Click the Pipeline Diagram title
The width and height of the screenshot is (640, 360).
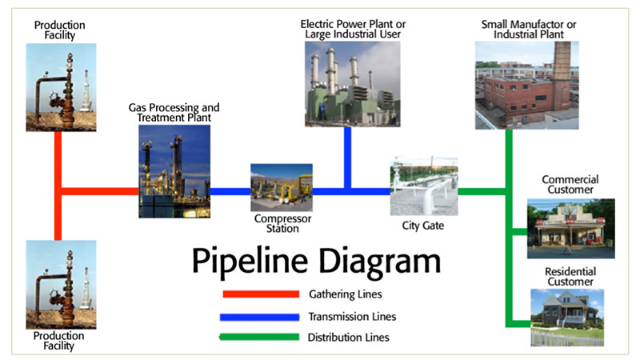(x=316, y=262)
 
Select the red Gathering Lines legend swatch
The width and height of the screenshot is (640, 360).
(x=261, y=294)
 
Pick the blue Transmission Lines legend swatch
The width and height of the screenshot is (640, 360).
(x=259, y=317)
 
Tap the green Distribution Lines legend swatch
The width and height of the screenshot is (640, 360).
(x=259, y=337)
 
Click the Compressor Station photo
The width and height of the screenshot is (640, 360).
(x=282, y=187)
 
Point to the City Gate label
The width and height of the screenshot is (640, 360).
(x=423, y=226)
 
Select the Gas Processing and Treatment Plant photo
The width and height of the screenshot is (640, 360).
(x=174, y=171)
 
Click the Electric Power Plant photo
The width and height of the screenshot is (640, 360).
(x=353, y=84)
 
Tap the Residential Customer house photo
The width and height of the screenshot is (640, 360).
(x=567, y=318)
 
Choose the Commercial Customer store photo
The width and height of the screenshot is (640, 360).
(x=571, y=229)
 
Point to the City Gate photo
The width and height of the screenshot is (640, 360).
(x=424, y=186)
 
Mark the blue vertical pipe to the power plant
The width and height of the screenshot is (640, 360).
(x=348, y=158)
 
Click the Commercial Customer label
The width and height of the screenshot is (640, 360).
(x=570, y=185)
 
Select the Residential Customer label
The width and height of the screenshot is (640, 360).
(x=570, y=277)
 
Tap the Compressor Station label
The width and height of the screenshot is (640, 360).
(x=282, y=224)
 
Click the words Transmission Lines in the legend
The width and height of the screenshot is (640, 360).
(x=352, y=317)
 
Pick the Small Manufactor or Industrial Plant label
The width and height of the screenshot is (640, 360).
(x=529, y=30)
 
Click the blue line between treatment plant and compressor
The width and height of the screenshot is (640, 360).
(x=230, y=191)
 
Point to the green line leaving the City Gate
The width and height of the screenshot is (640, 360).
(x=482, y=191)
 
